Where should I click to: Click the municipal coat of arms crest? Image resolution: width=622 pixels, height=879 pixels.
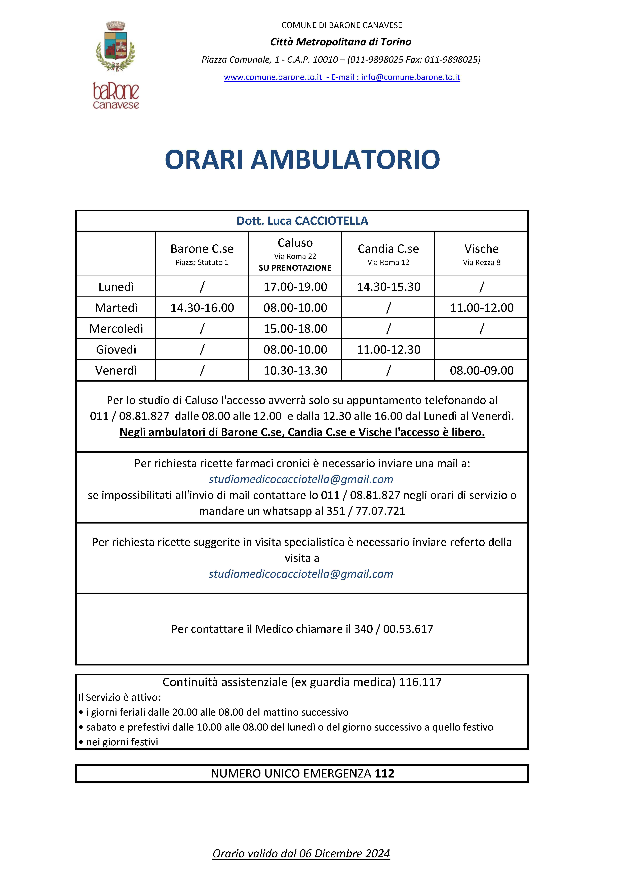tap(115, 47)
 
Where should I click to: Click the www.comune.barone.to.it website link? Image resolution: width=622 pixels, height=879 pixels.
tap(273, 77)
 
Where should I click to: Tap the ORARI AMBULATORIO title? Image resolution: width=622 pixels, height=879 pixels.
tap(302, 160)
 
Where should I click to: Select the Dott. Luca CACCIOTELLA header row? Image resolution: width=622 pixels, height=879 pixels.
tap(302, 221)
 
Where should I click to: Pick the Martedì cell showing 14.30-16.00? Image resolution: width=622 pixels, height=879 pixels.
tap(202, 308)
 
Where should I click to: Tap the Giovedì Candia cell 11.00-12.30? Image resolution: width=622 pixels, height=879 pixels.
tap(388, 350)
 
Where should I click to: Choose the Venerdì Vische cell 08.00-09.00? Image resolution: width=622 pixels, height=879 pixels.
tap(481, 371)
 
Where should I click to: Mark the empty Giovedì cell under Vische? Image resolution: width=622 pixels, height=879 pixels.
tap(481, 350)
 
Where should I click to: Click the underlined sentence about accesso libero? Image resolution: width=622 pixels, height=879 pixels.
tap(302, 432)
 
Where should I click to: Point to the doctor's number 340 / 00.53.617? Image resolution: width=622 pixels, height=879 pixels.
tap(394, 629)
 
